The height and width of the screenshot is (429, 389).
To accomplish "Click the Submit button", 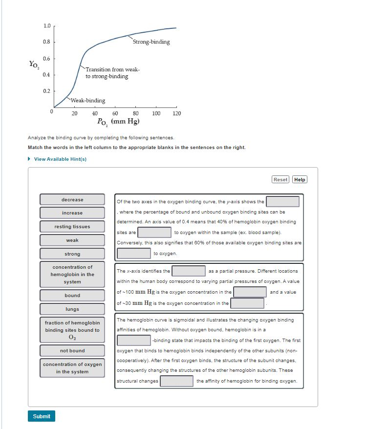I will tap(42, 416).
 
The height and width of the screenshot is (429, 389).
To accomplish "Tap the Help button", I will tap(300, 179).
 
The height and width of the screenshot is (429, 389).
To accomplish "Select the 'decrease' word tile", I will tap(72, 199).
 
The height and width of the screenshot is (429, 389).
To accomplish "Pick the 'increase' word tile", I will tap(72, 213).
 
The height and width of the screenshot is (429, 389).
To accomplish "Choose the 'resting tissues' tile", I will tap(72, 227).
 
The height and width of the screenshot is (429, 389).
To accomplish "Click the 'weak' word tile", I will tap(72, 240).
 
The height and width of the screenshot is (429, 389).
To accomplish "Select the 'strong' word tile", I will tap(72, 254).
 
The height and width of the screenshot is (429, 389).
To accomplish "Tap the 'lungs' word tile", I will tap(72, 309).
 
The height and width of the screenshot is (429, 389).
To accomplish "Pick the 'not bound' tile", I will tap(72, 351).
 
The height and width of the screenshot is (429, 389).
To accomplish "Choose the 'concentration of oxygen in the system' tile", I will tap(72, 368).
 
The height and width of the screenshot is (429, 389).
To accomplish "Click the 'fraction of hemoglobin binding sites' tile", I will tap(72, 330).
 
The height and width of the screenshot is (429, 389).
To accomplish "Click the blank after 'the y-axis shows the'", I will tap(282, 201).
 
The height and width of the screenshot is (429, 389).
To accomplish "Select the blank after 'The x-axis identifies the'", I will tap(189, 271).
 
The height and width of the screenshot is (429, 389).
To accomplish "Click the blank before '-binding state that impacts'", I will tap(134, 340).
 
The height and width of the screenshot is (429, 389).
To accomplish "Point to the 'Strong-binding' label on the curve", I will tap(151, 42).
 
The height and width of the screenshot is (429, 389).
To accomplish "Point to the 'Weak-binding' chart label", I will tap(88, 101).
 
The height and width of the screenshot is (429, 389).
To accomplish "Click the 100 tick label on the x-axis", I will tap(156, 113).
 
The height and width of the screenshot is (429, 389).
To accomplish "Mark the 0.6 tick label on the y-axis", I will tap(46, 59).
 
